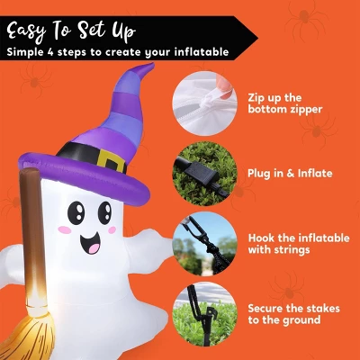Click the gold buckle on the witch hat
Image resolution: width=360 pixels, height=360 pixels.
111,161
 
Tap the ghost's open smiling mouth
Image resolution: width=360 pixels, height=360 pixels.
90,243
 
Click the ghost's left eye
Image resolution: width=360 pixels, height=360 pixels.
76,212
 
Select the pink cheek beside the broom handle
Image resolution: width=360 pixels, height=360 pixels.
65,230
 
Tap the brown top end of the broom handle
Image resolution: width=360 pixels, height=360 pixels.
29,174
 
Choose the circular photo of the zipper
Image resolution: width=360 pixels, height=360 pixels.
204,103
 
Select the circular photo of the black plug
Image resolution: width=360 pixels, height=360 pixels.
204,174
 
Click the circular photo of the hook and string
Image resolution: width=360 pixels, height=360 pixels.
204,244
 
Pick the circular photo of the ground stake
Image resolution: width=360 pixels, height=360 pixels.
204,314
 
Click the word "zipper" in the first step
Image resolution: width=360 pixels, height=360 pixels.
303,110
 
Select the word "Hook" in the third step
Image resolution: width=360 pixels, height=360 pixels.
261,238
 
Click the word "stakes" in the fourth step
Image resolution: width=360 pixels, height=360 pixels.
322,309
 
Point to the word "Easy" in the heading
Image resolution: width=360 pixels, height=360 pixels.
26,31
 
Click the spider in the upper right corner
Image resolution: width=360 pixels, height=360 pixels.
304,19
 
